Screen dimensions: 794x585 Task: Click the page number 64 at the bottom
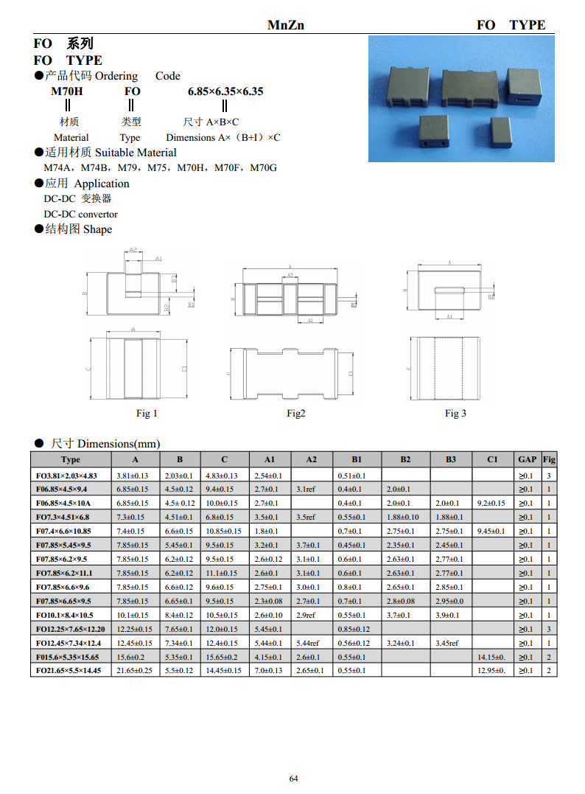pos(293,779)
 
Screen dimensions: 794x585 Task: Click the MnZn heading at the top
pos(285,25)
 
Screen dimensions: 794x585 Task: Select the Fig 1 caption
pos(147,414)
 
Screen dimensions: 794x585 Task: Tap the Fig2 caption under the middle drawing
pos(295,414)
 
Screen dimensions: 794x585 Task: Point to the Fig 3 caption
pos(455,414)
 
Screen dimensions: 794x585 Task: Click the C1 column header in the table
pos(492,459)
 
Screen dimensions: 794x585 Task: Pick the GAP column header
pos(527,459)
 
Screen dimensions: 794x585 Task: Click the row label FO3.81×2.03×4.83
pos(67,476)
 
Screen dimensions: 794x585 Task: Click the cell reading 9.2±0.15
pos(491,503)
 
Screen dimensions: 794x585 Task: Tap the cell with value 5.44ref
pos(310,643)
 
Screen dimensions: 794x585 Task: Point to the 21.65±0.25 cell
pos(135,671)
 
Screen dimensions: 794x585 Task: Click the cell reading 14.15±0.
pos(491,657)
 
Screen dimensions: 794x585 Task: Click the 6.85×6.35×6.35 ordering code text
pos(225,91)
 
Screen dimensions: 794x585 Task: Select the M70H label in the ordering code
pos(66,91)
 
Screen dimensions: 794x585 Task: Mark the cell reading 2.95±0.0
pos(449,601)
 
